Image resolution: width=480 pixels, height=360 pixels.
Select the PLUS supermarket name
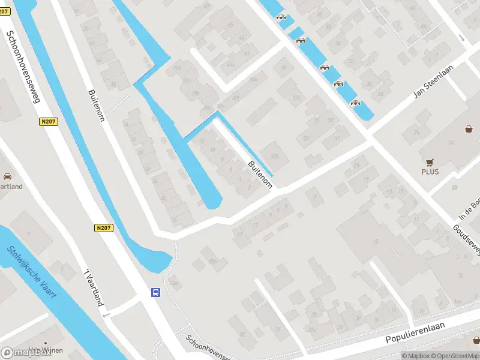(x=430, y=172)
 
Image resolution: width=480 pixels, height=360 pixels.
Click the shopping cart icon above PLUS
(x=430, y=162)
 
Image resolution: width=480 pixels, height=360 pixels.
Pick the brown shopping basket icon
(x=469, y=128)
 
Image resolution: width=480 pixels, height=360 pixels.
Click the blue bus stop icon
(x=155, y=293)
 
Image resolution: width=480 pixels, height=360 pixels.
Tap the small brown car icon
(x=7, y=176)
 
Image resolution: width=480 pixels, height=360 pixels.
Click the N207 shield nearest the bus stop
(x=103, y=228)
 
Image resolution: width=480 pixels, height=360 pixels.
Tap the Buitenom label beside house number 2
(x=260, y=174)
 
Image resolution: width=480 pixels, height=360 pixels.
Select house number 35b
(x=274, y=157)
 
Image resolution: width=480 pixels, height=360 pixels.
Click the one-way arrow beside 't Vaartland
(x=106, y=315)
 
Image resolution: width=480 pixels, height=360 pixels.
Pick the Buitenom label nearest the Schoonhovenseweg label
(x=97, y=105)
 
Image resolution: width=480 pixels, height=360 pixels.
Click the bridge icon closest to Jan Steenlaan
(x=356, y=103)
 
